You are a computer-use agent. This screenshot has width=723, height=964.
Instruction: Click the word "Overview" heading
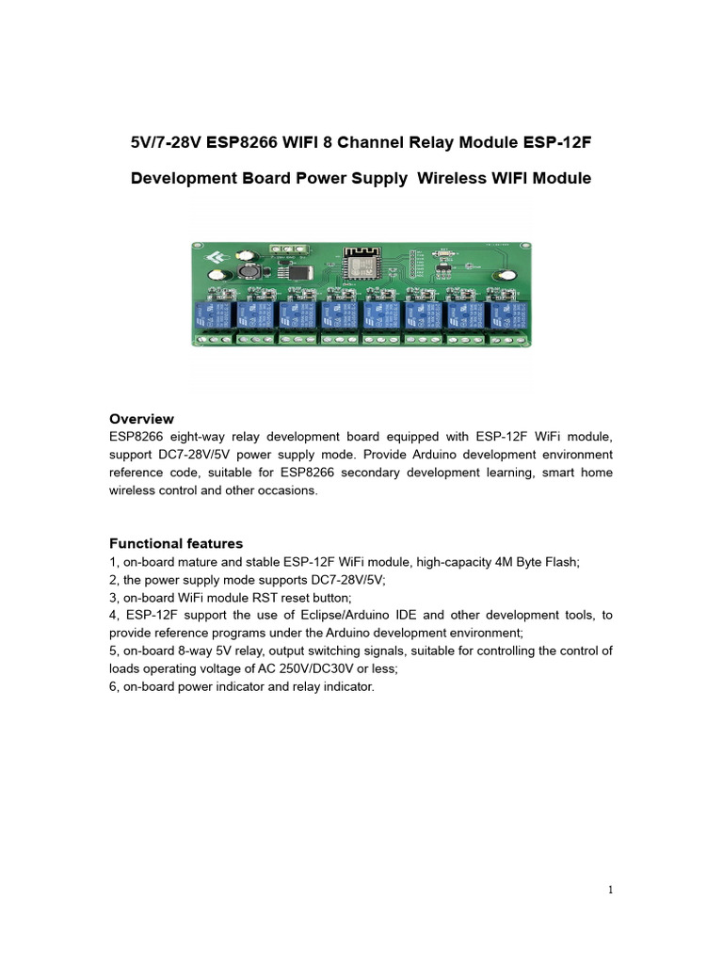coord(141,419)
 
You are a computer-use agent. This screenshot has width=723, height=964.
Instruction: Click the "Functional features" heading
coord(176,543)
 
